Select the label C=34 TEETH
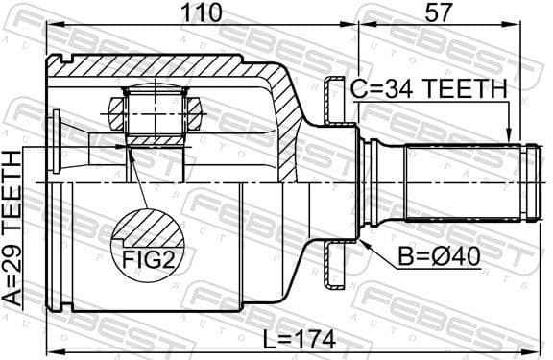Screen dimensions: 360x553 [x=427, y=88]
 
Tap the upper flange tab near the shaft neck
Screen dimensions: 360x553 [x=334, y=101]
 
